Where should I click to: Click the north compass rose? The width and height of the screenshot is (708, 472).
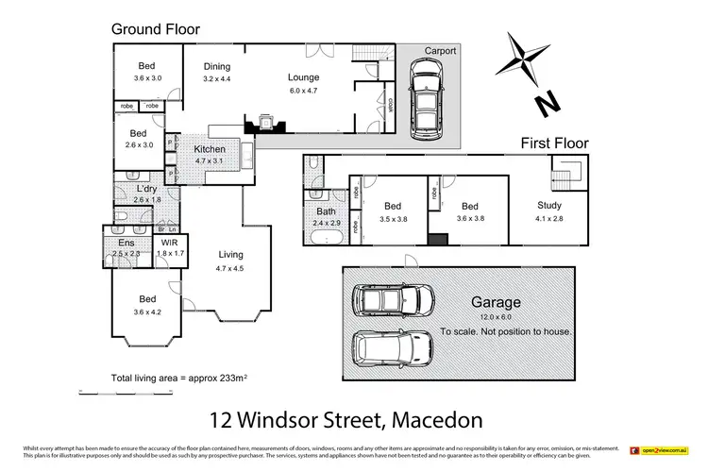point(524,59)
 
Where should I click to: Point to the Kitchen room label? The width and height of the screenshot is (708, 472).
point(209,149)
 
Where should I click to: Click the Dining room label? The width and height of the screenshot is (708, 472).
point(217,66)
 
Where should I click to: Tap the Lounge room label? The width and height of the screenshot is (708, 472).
point(303,77)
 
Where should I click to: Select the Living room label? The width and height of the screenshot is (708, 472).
point(230,255)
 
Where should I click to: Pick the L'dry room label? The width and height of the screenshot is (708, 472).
point(145,189)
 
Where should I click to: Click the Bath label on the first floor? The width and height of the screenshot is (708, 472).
point(327,211)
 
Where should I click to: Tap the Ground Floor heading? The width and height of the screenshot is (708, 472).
point(156,28)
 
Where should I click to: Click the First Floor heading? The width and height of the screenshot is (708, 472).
point(555,143)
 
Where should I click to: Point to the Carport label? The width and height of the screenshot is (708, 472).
point(440,51)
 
